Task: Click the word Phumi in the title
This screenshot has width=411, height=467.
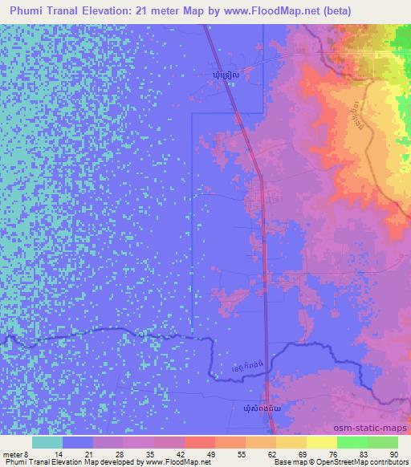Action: point(31,10)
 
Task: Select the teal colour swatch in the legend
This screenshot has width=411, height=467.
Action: point(47,442)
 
